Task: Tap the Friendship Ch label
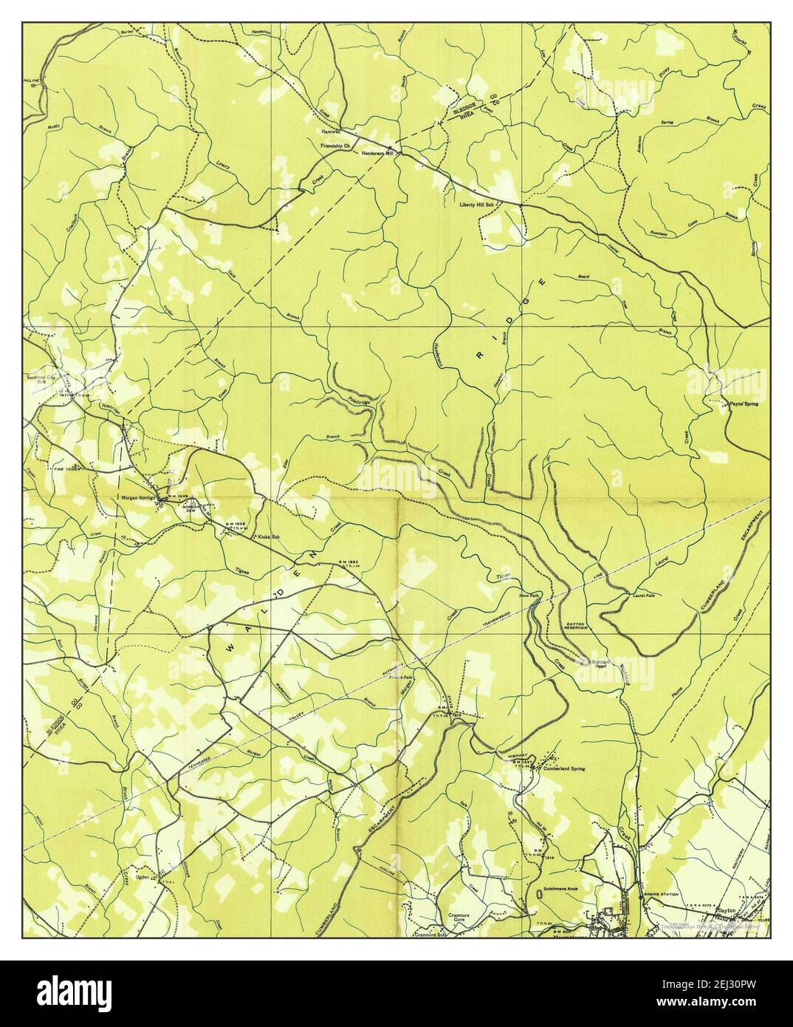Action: [x=334, y=146]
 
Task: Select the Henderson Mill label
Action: [x=379, y=153]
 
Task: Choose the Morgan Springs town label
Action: [x=138, y=497]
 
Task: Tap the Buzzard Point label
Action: [x=597, y=663]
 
